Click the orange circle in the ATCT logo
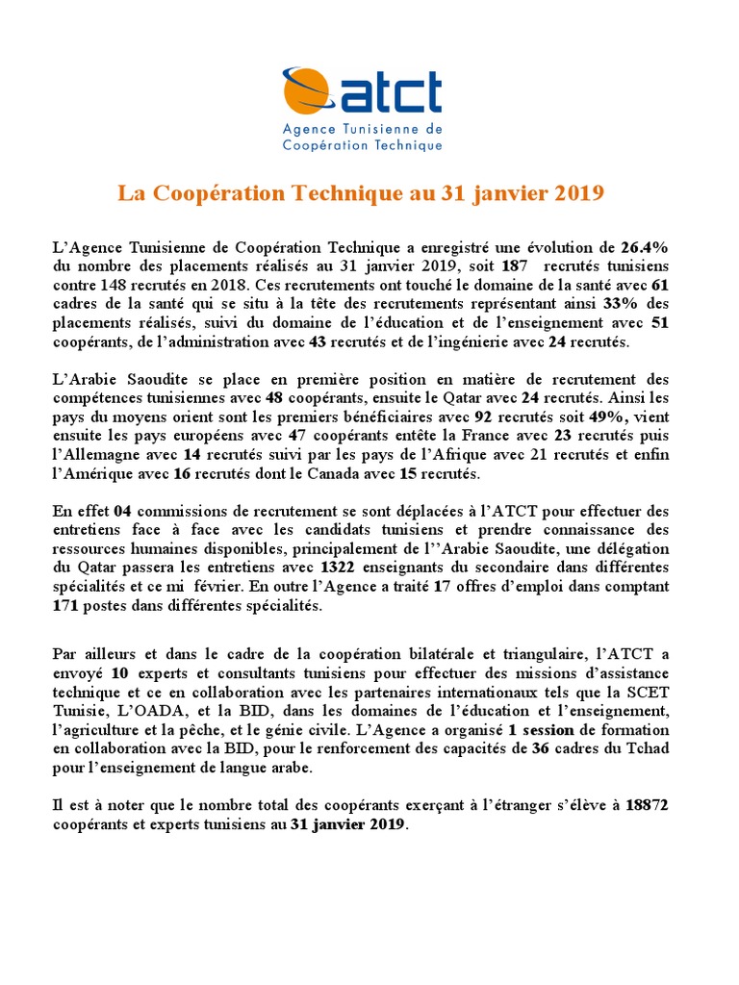(305, 92)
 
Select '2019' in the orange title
(579, 193)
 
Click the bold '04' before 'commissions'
(122, 509)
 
